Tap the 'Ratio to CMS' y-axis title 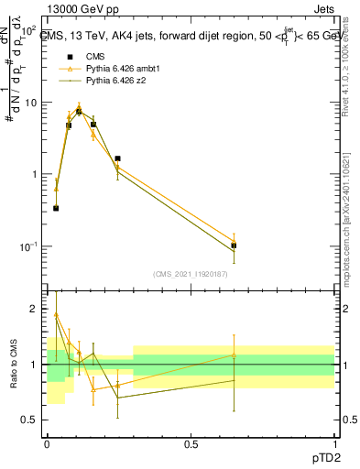click(x=14, y=365)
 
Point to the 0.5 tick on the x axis click(x=191, y=442)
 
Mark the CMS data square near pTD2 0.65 click(x=234, y=245)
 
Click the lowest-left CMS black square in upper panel click(x=56, y=208)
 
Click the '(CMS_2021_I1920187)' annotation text click(x=191, y=274)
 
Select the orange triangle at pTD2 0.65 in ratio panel click(x=234, y=354)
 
